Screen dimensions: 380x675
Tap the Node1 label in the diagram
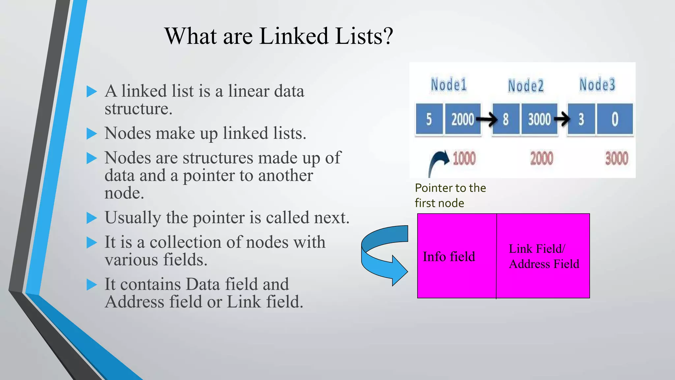[449, 84]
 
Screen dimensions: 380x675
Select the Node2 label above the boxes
[525, 86]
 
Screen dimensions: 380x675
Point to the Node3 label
[597, 84]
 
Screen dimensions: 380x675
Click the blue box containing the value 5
[429, 119]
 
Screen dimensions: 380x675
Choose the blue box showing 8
[506, 119]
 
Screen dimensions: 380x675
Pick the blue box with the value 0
[615, 119]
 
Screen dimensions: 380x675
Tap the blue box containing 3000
[539, 119]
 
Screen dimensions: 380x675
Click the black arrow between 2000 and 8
[486, 119]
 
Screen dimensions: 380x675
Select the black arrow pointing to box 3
[562, 119]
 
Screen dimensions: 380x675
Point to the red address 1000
[464, 159]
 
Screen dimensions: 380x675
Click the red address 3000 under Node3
[616, 159]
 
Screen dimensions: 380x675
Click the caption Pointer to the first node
[450, 195]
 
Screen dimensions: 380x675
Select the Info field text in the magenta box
[449, 257]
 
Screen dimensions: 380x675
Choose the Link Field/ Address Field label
[544, 256]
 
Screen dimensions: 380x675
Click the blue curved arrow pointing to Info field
[384, 254]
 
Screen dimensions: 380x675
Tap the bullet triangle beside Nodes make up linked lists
[92, 134]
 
